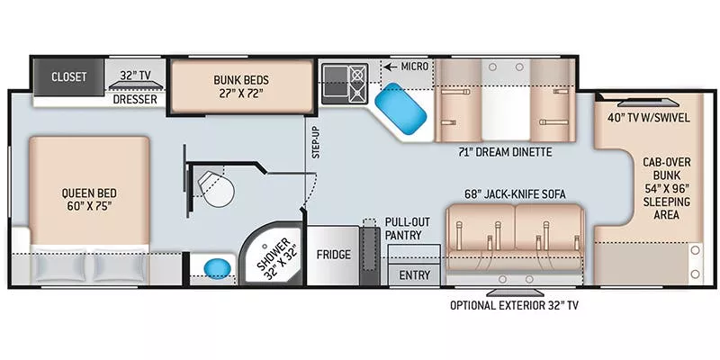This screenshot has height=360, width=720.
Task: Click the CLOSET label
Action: (68, 77)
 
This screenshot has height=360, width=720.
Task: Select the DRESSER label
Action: (136, 100)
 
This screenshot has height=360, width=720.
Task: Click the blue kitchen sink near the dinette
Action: (402, 112)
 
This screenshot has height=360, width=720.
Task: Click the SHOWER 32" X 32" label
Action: (274, 256)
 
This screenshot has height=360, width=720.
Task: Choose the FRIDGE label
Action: (333, 255)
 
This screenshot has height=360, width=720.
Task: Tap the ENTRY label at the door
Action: (414, 275)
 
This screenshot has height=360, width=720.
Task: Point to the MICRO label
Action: (414, 67)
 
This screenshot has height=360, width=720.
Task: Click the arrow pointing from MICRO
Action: (389, 67)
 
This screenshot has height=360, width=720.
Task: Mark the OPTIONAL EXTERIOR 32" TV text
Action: (514, 305)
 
